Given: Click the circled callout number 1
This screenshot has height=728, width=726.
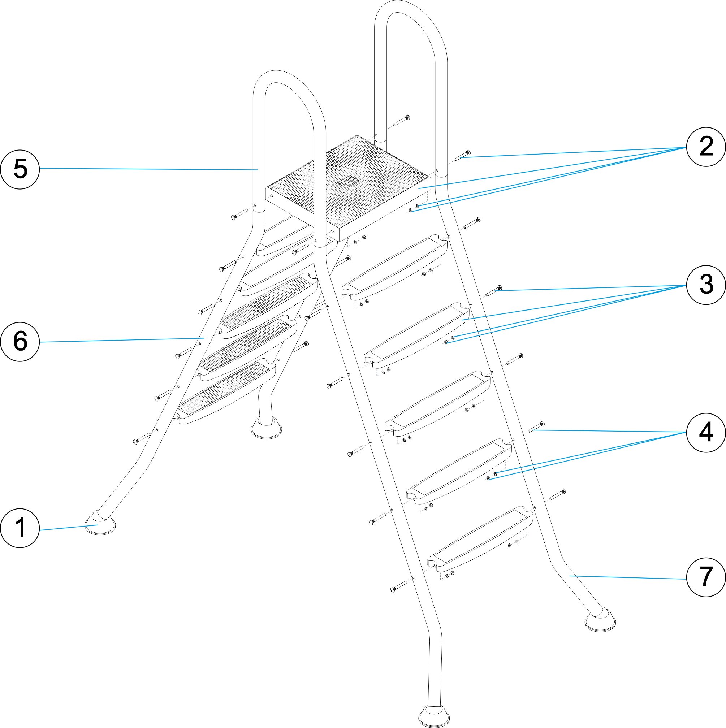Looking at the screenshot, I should point(20,528).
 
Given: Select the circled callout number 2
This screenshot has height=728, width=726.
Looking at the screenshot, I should point(706,147).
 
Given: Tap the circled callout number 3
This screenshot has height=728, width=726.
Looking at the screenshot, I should point(706,285).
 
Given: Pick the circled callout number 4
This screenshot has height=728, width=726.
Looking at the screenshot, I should point(706,432).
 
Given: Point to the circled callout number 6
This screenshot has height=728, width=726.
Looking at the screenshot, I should point(20,341).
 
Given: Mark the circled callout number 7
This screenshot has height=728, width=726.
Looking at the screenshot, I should point(706,577).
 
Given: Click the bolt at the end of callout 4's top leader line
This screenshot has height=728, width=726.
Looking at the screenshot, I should point(536,427).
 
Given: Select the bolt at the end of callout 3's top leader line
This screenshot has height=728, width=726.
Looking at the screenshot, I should point(494,291).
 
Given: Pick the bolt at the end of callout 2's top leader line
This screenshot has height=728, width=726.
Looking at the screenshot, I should point(462,155).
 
